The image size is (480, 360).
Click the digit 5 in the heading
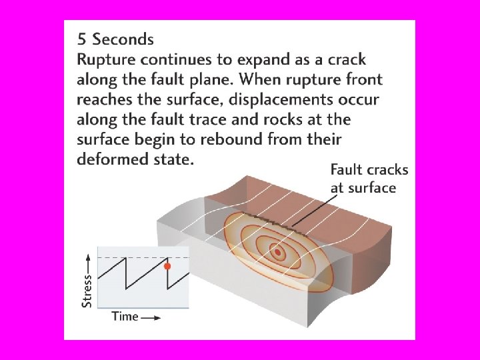tap(82, 39)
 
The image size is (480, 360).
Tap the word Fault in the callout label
tap(347, 170)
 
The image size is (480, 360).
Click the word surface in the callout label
tap(372, 188)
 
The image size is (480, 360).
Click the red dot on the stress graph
tap(167, 266)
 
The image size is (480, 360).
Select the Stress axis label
tap(87, 289)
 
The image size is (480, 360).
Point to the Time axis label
tap(125, 316)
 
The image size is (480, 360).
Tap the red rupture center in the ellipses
tap(277, 253)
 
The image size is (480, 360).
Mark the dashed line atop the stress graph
tap(143, 257)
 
